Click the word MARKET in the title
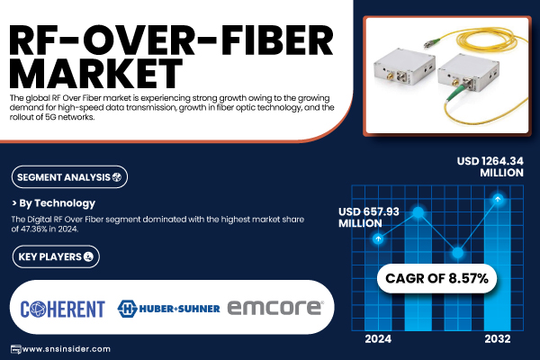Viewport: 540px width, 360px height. coord(95,73)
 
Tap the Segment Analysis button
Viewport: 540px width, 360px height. coord(69,177)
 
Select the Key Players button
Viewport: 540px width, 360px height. coord(56,256)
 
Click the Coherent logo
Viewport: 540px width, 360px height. coord(62,309)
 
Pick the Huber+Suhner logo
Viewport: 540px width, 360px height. coord(168,309)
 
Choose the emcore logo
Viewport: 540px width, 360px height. coord(275,308)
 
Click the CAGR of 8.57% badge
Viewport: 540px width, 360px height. coord(436,278)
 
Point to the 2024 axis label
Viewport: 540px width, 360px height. coord(378,339)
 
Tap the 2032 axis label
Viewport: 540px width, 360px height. coord(498,339)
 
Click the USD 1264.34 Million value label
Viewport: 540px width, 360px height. coord(490,166)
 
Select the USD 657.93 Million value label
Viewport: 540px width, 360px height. coord(368,218)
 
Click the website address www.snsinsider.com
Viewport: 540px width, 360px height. coord(66,349)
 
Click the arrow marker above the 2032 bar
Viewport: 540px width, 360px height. coord(498,199)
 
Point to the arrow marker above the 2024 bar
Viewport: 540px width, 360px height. coord(378,238)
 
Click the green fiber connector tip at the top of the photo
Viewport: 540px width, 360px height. coord(427,42)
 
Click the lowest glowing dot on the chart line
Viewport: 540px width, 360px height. coord(458,253)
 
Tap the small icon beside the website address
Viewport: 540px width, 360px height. coord(15,349)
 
